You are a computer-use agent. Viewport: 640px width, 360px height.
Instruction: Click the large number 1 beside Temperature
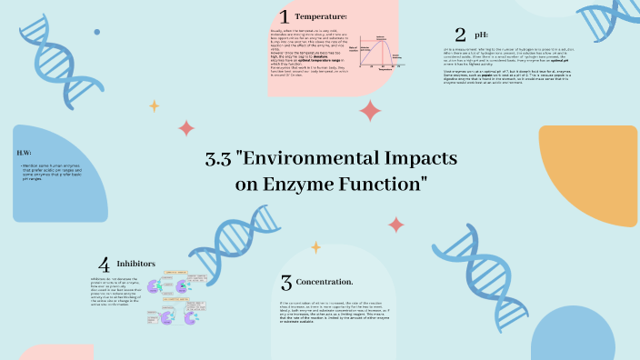(285, 16)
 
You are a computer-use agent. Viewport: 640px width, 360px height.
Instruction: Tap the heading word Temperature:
(321, 16)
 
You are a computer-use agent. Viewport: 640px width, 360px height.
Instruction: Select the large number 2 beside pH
(460, 35)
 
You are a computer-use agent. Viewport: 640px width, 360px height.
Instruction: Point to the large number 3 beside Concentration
(285, 283)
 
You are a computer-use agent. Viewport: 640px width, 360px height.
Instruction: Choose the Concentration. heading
(325, 282)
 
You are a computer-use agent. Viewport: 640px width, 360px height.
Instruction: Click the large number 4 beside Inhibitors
(105, 265)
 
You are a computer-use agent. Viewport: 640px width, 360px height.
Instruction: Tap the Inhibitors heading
(136, 264)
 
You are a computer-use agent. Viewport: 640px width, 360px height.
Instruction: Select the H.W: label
(25, 152)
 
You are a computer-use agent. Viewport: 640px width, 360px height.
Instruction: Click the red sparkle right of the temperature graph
(370, 111)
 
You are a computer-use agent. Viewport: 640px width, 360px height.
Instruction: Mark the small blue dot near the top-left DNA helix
(97, 32)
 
